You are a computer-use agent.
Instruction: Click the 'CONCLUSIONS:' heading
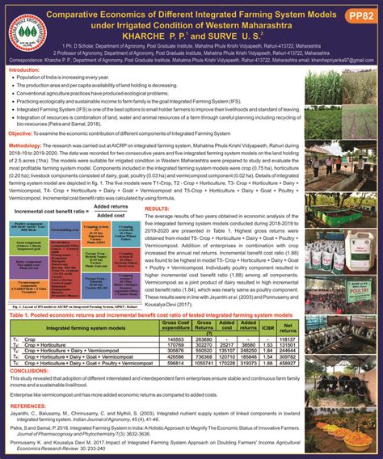[x=28, y=372]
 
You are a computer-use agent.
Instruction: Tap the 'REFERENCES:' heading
[x=27, y=406]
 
